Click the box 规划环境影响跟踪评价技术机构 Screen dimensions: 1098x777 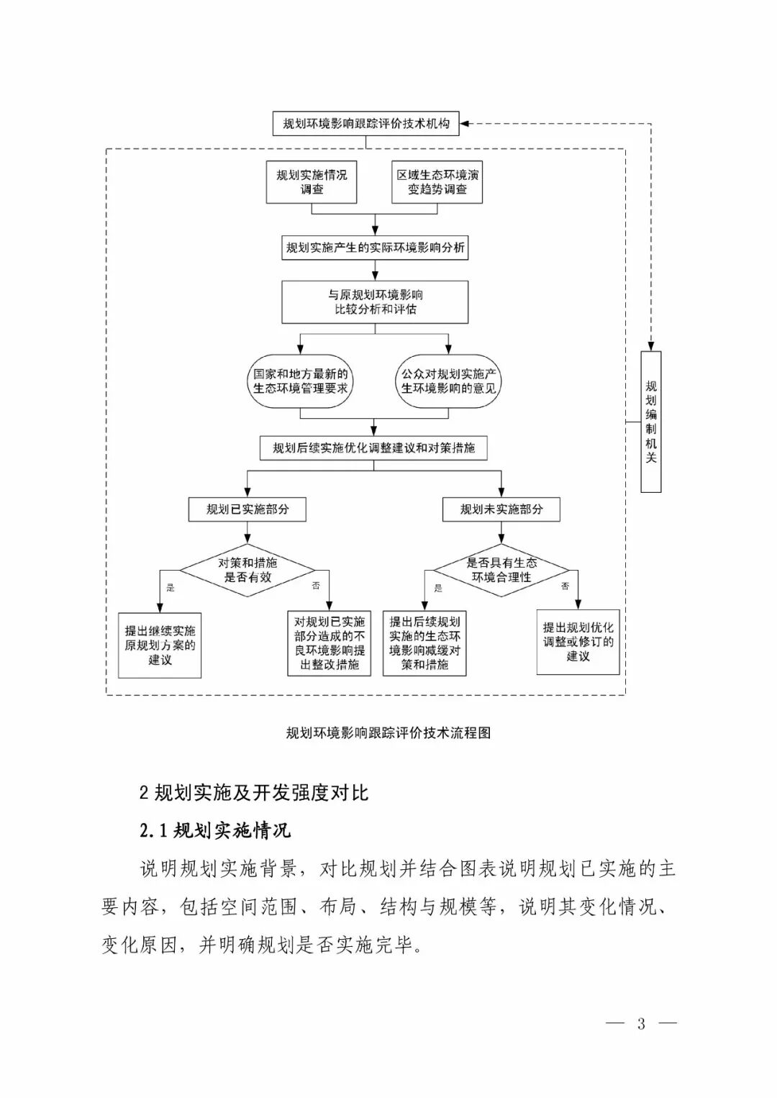pyautogui.click(x=366, y=124)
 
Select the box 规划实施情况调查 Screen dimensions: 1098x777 pyautogui.click(x=312, y=182)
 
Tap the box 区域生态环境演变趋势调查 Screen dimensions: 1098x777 pyautogui.click(x=437, y=182)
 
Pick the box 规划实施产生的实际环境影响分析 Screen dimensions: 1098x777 pyautogui.click(x=375, y=248)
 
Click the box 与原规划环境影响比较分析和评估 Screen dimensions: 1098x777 pyautogui.click(x=375, y=302)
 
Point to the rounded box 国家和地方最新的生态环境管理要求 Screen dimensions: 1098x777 pyautogui.click(x=300, y=381)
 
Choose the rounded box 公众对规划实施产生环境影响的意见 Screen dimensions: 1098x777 pyautogui.click(x=448, y=381)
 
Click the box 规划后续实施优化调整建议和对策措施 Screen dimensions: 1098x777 pyautogui.click(x=373, y=448)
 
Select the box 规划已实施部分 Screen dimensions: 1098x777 pyautogui.click(x=247, y=509)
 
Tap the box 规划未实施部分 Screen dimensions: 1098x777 pyautogui.click(x=501, y=509)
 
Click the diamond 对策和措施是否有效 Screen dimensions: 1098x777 pyautogui.click(x=247, y=570)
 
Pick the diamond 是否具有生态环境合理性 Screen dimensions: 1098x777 pyautogui.click(x=501, y=570)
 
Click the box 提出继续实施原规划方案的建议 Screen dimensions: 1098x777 pyautogui.click(x=160, y=645)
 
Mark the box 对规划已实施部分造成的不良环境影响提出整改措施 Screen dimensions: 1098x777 pyautogui.click(x=329, y=643)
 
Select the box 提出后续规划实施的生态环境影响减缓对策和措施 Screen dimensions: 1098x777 pyautogui.click(x=424, y=643)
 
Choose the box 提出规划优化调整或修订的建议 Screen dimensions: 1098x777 pyautogui.click(x=578, y=642)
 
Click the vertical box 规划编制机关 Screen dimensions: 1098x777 pyautogui.click(x=650, y=422)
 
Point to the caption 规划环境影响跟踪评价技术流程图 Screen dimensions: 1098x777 pyautogui.click(x=388, y=733)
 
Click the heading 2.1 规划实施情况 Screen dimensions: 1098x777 pyautogui.click(x=215, y=830)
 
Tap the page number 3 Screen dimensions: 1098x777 pyautogui.click(x=641, y=1024)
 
